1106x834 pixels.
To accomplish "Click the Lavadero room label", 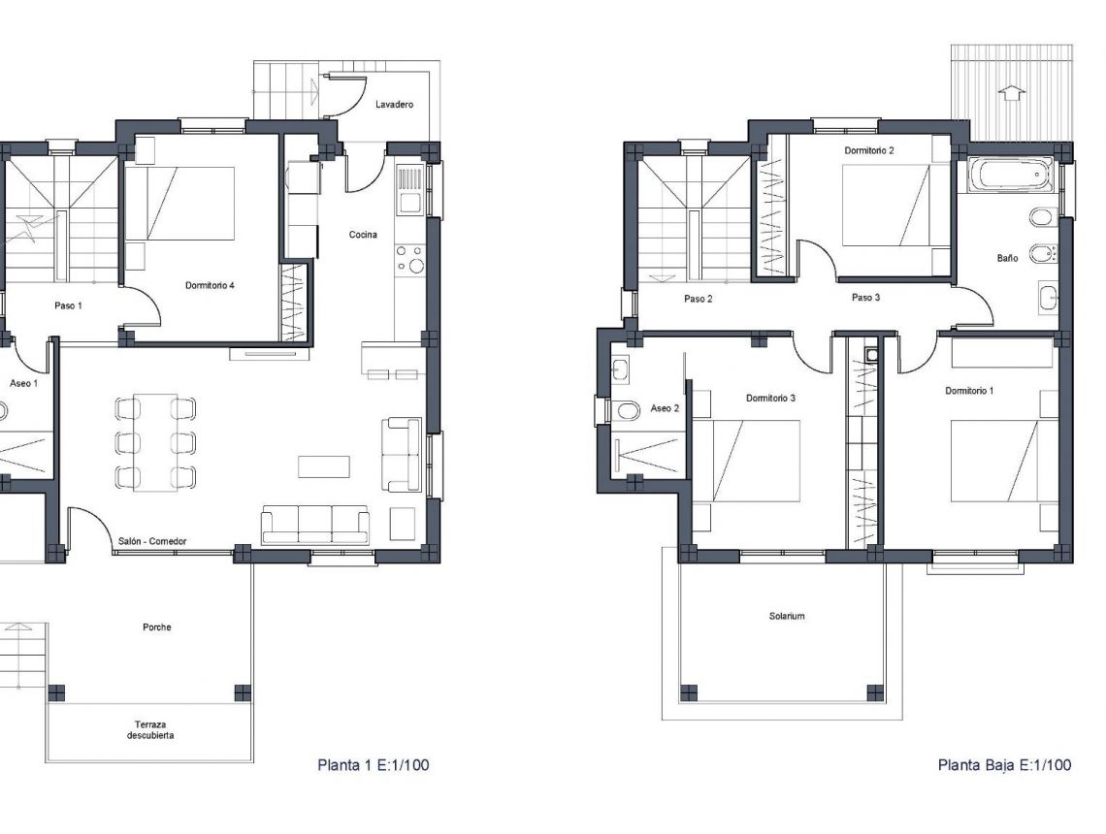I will point(397,104).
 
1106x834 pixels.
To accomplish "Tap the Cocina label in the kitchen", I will point(364,235).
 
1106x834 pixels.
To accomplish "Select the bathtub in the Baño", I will point(1011,176).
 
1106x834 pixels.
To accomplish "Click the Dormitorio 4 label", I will point(211,286).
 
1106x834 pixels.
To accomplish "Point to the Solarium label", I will point(787,616).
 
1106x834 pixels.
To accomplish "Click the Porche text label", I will point(156,627).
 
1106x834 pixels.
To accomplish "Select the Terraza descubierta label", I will point(149,729).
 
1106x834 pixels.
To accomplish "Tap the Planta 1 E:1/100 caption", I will point(373,765).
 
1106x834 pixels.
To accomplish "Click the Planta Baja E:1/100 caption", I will point(1004,765).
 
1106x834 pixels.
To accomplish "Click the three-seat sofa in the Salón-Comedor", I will point(315,525).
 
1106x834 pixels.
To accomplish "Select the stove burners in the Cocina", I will point(409,259).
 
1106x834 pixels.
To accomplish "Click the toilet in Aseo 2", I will point(625,411).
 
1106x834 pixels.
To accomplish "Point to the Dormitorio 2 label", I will point(869,150).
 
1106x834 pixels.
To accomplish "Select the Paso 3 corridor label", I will point(865,298).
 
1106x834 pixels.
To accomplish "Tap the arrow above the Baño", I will point(1011,93).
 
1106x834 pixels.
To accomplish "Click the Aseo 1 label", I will point(23,384).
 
